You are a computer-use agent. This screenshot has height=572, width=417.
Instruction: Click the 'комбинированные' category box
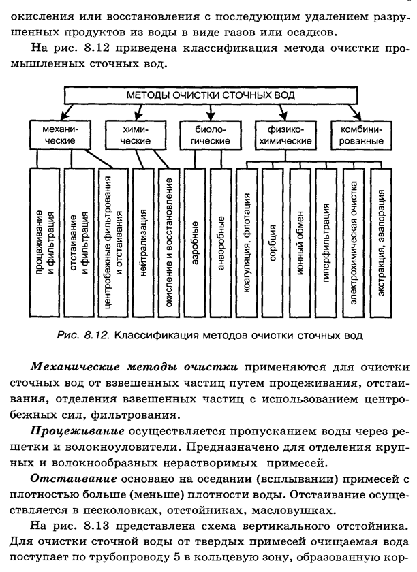[357, 134]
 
